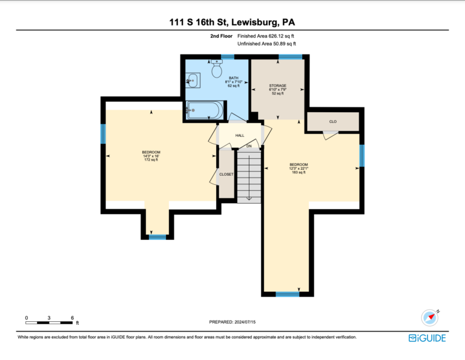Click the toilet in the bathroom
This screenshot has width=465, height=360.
[x=217, y=68]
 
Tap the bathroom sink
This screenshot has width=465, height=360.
[x=193, y=81]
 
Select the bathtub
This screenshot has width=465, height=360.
[x=205, y=110]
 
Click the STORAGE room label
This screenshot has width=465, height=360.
[x=278, y=85]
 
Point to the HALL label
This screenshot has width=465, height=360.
[x=240, y=136]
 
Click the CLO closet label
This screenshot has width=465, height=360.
[x=333, y=122]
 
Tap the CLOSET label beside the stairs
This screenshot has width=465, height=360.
[x=226, y=175]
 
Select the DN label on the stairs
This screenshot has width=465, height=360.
[x=249, y=146]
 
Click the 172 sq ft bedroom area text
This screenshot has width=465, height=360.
[x=151, y=159]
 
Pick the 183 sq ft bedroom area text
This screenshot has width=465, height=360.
[x=298, y=172]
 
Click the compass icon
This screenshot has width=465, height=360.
[x=430, y=317]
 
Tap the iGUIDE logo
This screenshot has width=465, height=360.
[x=427, y=338]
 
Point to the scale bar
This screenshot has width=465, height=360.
[x=49, y=322]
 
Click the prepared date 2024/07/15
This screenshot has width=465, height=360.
[x=245, y=322]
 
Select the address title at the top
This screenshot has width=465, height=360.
[x=232, y=22]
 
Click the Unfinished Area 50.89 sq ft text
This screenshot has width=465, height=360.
[x=266, y=44]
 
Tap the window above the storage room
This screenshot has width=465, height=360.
[x=291, y=57]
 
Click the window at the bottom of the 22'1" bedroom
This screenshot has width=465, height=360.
[x=288, y=294]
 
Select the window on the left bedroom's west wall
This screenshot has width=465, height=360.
[x=103, y=133]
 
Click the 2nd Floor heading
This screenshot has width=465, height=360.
[x=221, y=36]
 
